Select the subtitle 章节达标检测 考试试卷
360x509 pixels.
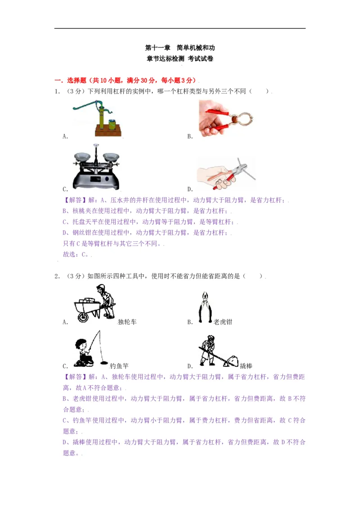point(180,58)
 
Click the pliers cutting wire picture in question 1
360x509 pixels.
point(226,174)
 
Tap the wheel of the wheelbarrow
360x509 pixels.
point(83,317)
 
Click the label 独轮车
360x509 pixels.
point(127,322)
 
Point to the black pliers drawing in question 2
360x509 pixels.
point(205,307)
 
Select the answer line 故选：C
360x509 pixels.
point(77,254)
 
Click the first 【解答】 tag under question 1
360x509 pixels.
point(73,201)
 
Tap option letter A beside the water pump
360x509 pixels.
point(65,137)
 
